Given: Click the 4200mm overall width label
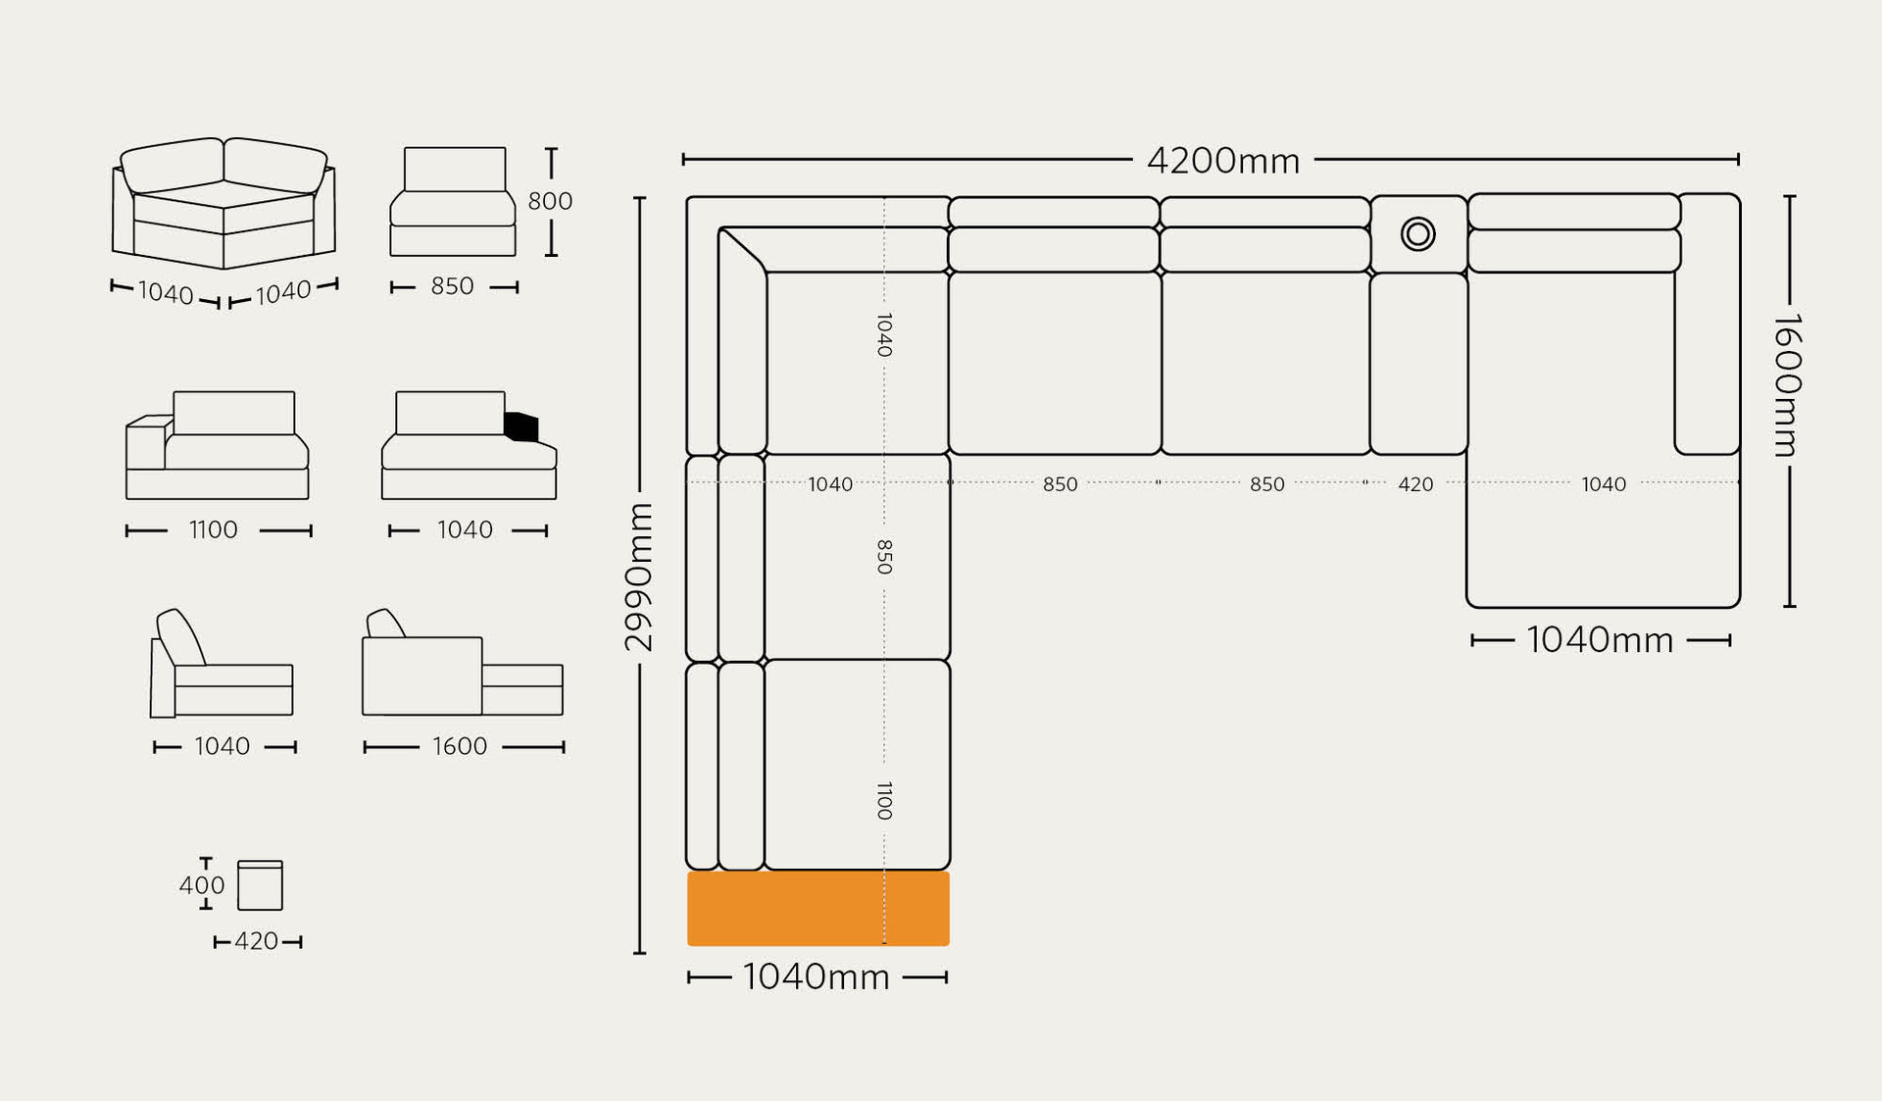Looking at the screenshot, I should tap(1222, 161).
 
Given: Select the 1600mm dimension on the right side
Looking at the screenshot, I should tap(1787, 385).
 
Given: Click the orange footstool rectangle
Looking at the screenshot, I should tap(817, 909).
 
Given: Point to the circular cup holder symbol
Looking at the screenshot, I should tap(1417, 234).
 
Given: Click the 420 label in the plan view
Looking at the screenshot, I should tap(1414, 484).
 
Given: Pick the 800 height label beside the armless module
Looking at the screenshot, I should tap(550, 201).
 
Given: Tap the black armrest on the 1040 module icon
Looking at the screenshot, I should tap(521, 426).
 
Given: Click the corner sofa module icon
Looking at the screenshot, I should tap(223, 203).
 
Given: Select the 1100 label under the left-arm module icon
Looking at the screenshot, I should tap(213, 530).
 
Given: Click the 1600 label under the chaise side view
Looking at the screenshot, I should tap(459, 747).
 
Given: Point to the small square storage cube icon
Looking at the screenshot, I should tap(260, 886).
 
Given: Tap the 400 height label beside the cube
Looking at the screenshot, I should tap(201, 885).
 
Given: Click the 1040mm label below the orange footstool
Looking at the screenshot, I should tap(816, 977).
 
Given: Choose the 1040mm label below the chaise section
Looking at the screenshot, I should tap(1600, 641).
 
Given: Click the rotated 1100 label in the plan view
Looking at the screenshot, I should tap(884, 801).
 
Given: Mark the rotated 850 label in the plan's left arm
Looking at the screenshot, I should tap(884, 557).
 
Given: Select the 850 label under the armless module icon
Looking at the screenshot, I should tap(452, 286).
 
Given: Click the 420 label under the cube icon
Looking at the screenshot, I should tap(256, 942).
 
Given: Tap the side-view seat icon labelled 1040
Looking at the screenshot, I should tap(223, 667).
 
